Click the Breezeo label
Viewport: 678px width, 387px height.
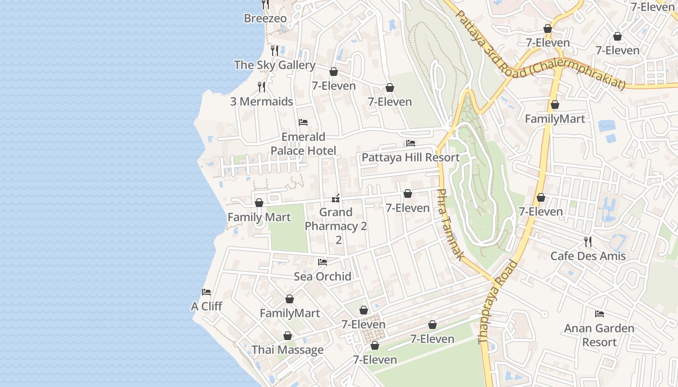(265, 18)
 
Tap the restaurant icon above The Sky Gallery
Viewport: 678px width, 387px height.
(275, 50)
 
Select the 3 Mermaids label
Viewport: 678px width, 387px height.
(262, 102)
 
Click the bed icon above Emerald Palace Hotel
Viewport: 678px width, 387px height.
(303, 122)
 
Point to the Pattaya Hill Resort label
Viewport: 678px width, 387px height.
(411, 157)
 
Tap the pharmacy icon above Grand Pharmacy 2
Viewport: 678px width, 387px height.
(335, 198)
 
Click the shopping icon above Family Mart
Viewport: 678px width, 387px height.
(259, 203)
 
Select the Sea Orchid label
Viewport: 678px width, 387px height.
(323, 276)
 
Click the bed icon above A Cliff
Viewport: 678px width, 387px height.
(206, 292)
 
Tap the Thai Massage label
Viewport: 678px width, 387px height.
(288, 350)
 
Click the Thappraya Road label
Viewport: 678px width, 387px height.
(498, 302)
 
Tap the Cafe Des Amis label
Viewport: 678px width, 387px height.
(588, 256)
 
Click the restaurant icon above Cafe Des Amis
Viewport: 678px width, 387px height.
(588, 241)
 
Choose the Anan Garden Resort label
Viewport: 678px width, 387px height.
(599, 335)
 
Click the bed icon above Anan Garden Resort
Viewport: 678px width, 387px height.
(600, 314)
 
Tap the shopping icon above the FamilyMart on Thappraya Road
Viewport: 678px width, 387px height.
(555, 104)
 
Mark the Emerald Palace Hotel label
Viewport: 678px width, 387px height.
(303, 144)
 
